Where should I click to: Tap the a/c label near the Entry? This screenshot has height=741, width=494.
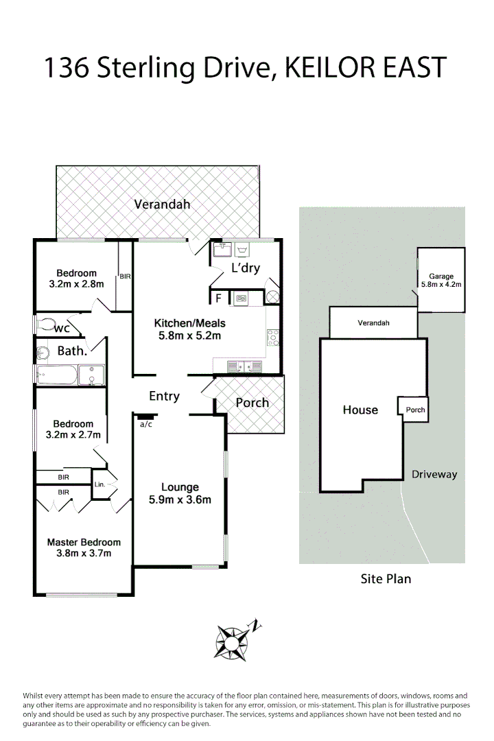[145, 425]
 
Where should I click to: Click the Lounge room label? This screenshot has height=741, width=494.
[180, 488]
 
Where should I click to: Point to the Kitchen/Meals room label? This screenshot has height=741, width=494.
[189, 323]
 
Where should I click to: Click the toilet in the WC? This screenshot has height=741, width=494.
[47, 325]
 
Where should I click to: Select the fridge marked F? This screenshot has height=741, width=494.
[218, 298]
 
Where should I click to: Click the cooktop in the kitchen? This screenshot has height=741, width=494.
[272, 338]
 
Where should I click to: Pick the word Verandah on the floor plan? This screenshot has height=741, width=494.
[162, 204]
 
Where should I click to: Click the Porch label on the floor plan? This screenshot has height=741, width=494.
[252, 403]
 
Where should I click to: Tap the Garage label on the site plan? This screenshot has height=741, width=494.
[441, 277]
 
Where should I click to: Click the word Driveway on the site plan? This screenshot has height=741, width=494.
[434, 474]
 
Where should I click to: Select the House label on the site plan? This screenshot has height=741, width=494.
[360, 410]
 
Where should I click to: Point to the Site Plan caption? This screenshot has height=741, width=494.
[386, 578]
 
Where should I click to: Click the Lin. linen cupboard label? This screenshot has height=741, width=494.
[100, 484]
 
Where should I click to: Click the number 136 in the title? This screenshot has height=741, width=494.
[65, 69]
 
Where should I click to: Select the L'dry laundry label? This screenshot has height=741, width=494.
[245, 268]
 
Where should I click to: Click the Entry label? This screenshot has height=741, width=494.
[164, 396]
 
